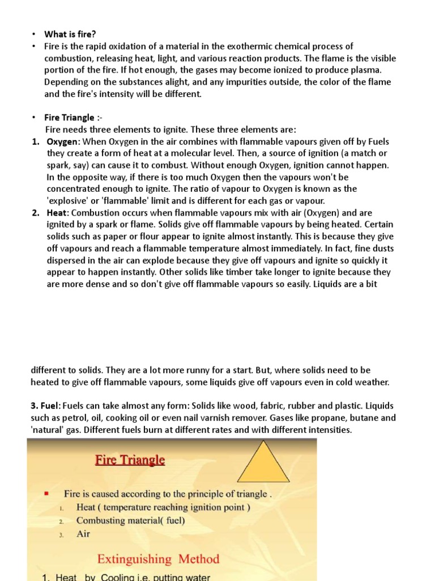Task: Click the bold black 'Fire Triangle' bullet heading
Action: (x=69, y=117)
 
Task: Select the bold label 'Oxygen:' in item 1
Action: (x=63, y=141)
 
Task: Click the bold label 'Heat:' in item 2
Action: (x=58, y=212)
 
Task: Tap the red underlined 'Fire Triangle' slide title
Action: (x=130, y=460)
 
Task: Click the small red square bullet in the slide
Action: (x=46, y=494)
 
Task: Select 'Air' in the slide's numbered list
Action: (x=83, y=534)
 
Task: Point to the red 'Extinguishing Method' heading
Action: (x=158, y=559)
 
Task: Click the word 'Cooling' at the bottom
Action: (x=121, y=578)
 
